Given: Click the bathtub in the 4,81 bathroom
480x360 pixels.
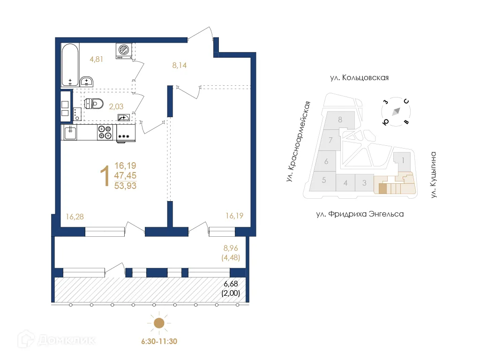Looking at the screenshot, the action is coord(70,65).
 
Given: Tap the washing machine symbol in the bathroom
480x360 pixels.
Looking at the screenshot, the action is coord(124,51).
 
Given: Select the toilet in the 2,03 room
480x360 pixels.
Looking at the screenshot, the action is coord(94,104).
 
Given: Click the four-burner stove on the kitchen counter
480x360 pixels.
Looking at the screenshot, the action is coord(105,133).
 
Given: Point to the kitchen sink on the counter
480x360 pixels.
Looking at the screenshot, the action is coord(70,133).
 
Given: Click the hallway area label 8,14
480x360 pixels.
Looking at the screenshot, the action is coord(180,65).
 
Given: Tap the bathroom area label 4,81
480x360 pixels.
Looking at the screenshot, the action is coord(97,59).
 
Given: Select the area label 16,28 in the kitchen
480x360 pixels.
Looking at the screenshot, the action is coord(75,217).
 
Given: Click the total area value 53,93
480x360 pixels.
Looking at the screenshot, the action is coord(125,186).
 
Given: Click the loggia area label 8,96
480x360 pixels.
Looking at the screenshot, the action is coord(231,248).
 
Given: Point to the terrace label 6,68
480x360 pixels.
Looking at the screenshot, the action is coord(231,284).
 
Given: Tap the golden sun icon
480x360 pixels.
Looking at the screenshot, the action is coord(159,322).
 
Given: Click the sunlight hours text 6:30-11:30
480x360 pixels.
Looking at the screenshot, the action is coord(159,341).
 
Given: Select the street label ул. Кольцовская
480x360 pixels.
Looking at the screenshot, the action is coord(360,78).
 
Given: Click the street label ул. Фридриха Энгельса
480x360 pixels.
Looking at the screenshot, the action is coord(360,214).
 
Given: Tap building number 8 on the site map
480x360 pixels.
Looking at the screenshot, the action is coord(340,120).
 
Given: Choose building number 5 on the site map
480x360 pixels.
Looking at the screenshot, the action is coord(324,180).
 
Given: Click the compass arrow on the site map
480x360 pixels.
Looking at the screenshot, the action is coord(396,112).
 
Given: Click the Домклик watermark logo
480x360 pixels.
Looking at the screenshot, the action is coord(56,339).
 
